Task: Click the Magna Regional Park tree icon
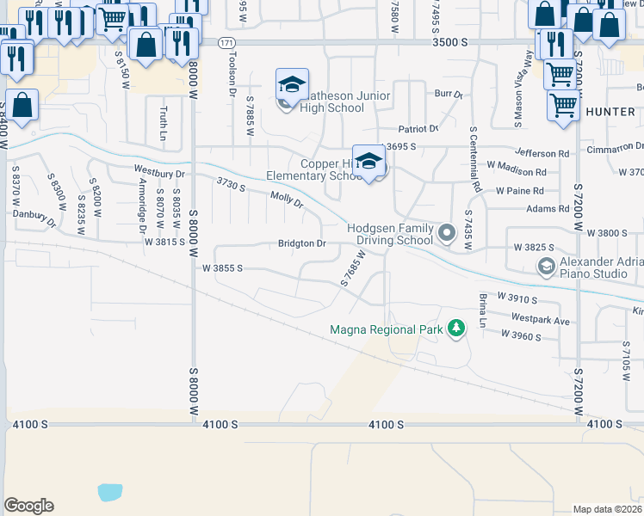[456, 329]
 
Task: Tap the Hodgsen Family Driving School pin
[447, 233]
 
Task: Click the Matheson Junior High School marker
[291, 86]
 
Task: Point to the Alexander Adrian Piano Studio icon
[546, 267]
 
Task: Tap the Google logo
[28, 505]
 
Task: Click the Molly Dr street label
[287, 200]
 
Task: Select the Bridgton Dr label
[301, 243]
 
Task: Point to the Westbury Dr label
[159, 173]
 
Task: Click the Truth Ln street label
[162, 123]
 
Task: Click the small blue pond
[109, 492]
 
